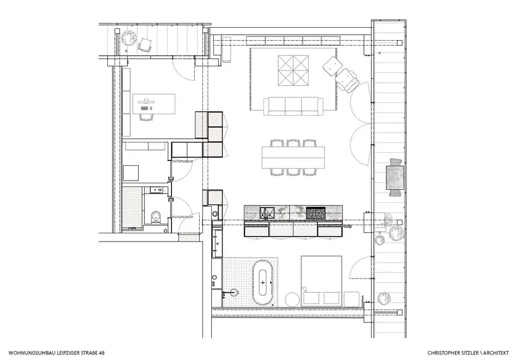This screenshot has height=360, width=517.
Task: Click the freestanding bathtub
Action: [x=263, y=283]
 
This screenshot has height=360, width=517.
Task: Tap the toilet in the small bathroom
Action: [x=155, y=218]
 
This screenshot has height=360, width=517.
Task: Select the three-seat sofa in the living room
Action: [x=293, y=106]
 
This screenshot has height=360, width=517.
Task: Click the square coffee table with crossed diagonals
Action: [x=293, y=71]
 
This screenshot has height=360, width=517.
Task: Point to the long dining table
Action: [x=293, y=157]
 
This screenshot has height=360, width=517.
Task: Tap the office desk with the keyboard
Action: [x=153, y=104]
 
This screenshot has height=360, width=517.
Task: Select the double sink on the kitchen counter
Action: [x=267, y=213]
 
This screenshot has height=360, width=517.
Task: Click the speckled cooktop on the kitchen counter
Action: [x=316, y=213]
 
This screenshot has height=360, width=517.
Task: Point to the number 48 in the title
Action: [x=102, y=353]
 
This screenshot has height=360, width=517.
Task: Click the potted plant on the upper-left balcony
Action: [x=129, y=38]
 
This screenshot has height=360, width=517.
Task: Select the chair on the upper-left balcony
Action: [x=145, y=45]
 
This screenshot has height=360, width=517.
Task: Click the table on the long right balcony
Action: [x=395, y=178]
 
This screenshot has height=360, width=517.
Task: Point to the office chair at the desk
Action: [x=146, y=116]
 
